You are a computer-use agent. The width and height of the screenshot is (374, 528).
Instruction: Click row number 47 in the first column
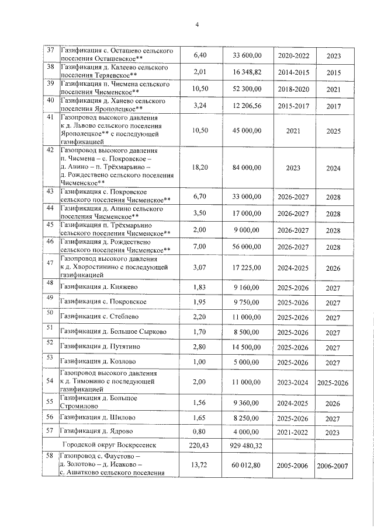pos(50,263)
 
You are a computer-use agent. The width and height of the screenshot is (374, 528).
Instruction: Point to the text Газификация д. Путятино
pos(101,347)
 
